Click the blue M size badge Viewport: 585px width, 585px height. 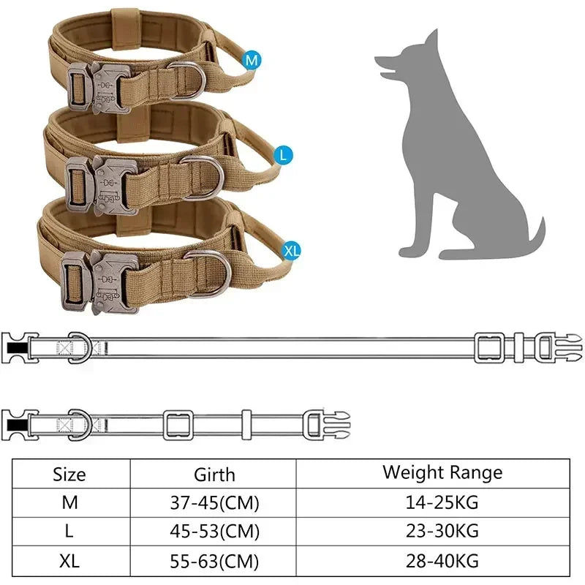tap(252, 61)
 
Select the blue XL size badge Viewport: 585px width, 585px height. tap(292, 251)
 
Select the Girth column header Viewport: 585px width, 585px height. tap(214, 474)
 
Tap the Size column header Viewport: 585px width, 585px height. tap(69, 474)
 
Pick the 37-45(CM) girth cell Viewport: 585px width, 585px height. tap(214, 503)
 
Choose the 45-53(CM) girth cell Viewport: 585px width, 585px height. tap(214, 532)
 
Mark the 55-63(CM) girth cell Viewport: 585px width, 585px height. tap(214, 562)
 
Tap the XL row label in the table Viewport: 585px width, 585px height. tap(69, 562)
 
